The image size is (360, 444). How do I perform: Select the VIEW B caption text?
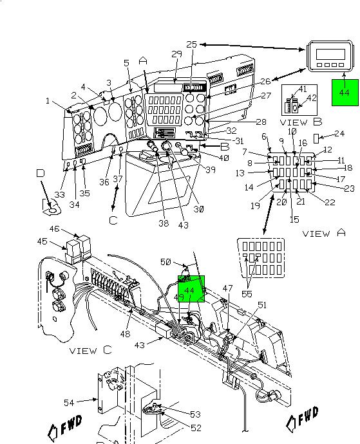(x=298, y=122)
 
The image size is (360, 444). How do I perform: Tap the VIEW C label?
(x=91, y=351)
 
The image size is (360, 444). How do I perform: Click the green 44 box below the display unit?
(x=344, y=93)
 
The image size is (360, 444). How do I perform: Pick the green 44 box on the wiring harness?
(x=191, y=289)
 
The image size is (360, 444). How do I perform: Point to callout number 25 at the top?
(x=192, y=44)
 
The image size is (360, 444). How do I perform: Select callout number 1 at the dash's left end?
(x=48, y=100)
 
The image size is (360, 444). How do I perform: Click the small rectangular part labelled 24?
(x=316, y=138)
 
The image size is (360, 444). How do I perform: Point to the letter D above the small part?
(x=41, y=174)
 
